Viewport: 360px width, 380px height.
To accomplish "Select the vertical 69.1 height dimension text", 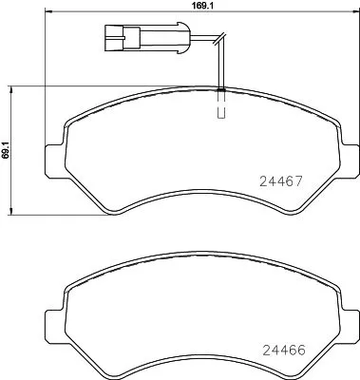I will point(6,149).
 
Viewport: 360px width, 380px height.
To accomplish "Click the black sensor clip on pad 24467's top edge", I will point(220,89).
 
